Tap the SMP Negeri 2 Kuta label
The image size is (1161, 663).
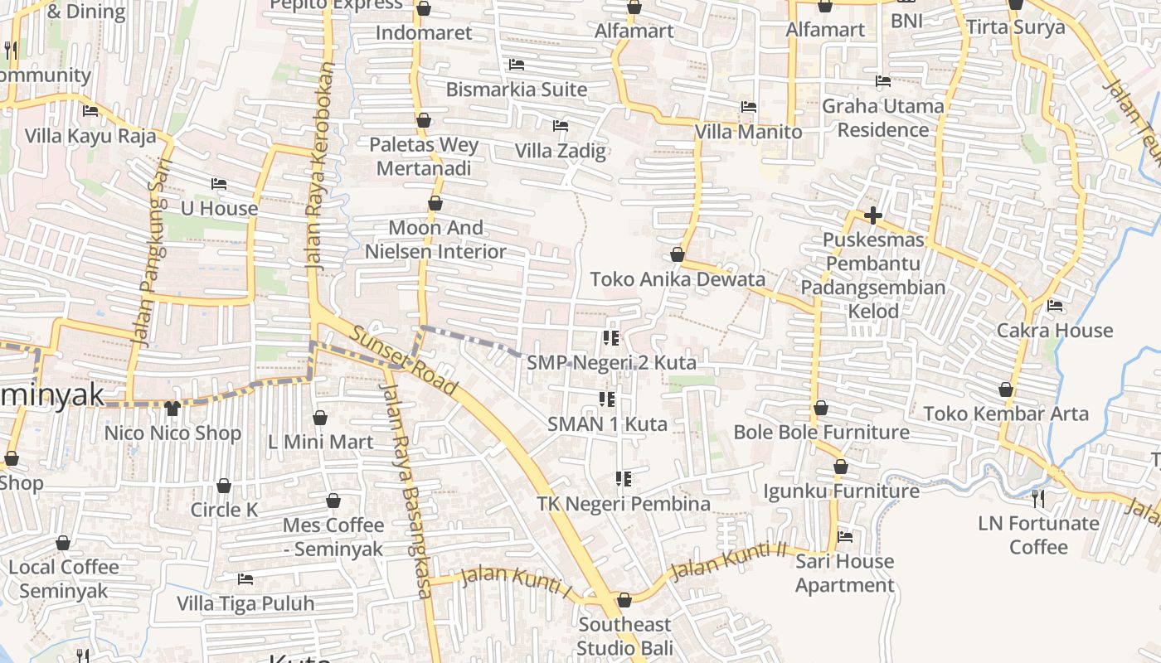click(x=611, y=363)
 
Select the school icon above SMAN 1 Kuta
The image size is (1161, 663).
click(x=607, y=400)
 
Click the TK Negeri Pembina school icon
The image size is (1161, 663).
click(x=624, y=479)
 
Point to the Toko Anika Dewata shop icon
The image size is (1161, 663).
click(x=678, y=254)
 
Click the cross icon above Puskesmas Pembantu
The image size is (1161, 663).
click(x=872, y=216)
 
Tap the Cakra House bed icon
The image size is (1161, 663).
click(x=1055, y=306)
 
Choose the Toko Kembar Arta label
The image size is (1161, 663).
click(x=1006, y=414)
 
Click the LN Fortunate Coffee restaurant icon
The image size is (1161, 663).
click(x=1037, y=498)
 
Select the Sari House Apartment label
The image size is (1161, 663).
click(x=845, y=573)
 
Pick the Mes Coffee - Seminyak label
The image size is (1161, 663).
click(x=333, y=537)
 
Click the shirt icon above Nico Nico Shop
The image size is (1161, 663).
click(x=172, y=408)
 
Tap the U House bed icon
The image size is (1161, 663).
click(x=219, y=183)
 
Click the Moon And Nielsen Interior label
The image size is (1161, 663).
click(x=435, y=240)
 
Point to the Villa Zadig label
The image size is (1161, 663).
click(x=561, y=151)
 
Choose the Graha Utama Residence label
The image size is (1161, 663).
click(x=882, y=118)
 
